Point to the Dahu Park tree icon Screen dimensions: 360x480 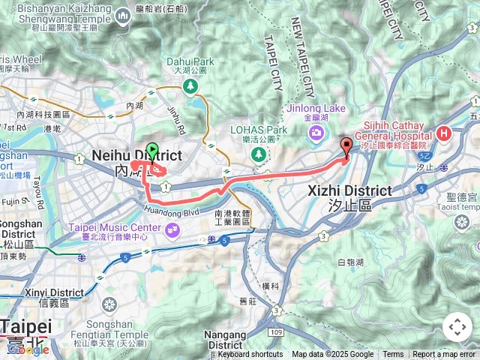click(191, 87)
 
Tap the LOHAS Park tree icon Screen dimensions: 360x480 click(259, 154)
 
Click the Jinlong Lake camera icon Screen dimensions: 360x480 click(315, 133)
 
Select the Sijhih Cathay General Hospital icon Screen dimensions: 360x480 click(444, 134)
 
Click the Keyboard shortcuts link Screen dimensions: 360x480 click(250, 355)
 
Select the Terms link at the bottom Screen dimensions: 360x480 click(393, 355)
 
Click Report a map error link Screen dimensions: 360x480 click(444, 355)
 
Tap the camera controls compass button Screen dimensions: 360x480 click(457, 327)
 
